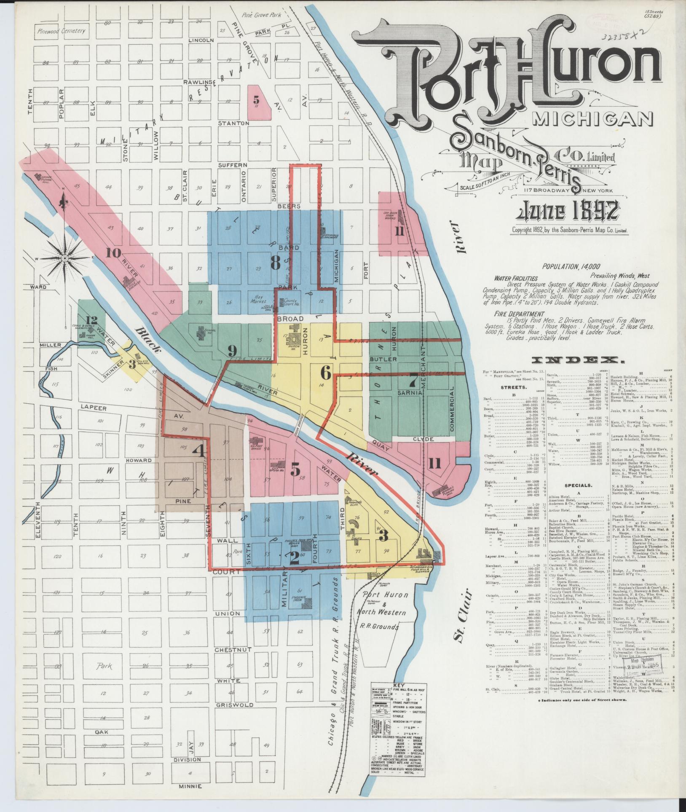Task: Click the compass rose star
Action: [64, 258]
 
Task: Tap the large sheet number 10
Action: [114, 253]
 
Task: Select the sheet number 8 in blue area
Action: [275, 264]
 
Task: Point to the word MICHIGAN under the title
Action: [592, 120]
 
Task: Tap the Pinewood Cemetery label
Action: [61, 31]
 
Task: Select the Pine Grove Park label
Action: [261, 15]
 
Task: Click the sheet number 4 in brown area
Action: [199, 451]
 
